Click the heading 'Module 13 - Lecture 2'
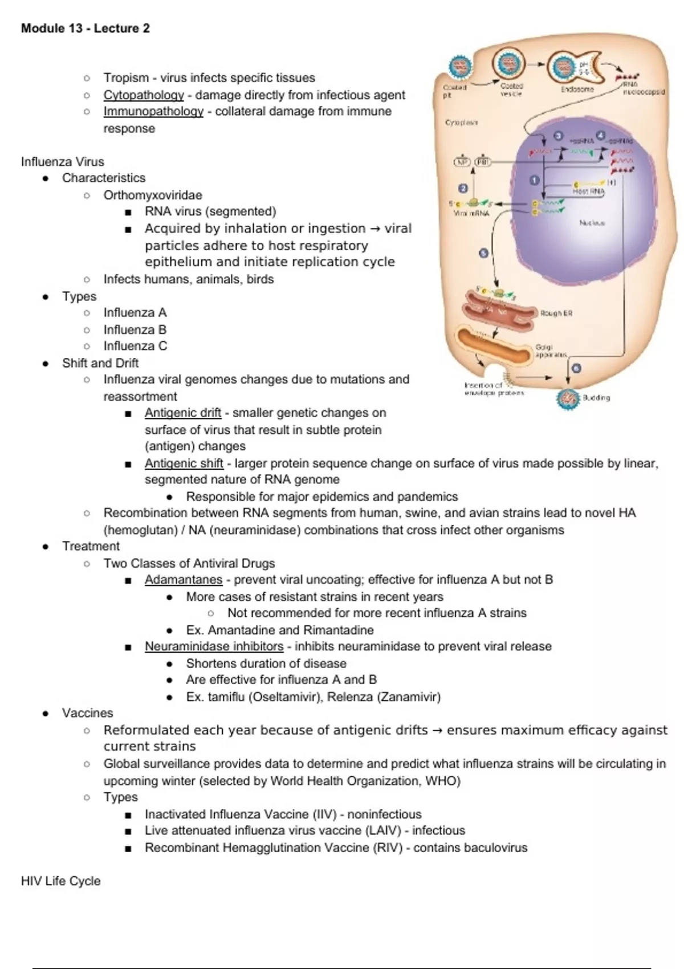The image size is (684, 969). pyautogui.click(x=85, y=28)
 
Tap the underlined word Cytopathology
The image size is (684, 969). pyautogui.click(x=144, y=95)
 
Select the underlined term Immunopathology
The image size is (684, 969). pyautogui.click(x=153, y=112)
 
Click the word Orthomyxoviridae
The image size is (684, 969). pyautogui.click(x=153, y=195)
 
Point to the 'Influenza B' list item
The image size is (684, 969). pyautogui.click(x=135, y=329)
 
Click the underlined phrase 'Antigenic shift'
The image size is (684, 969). pyautogui.click(x=184, y=463)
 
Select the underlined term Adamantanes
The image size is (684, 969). pyautogui.click(x=184, y=580)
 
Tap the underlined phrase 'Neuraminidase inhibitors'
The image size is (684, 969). pyautogui.click(x=214, y=646)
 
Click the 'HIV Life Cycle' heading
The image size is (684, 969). pyautogui.click(x=60, y=881)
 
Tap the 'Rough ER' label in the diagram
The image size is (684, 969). pyautogui.click(x=556, y=313)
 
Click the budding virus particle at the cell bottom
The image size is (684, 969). pyautogui.click(x=568, y=398)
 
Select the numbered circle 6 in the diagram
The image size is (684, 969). pyautogui.click(x=576, y=368)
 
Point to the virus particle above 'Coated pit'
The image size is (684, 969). pyautogui.click(x=459, y=68)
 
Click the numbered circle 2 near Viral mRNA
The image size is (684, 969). pyautogui.click(x=463, y=188)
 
